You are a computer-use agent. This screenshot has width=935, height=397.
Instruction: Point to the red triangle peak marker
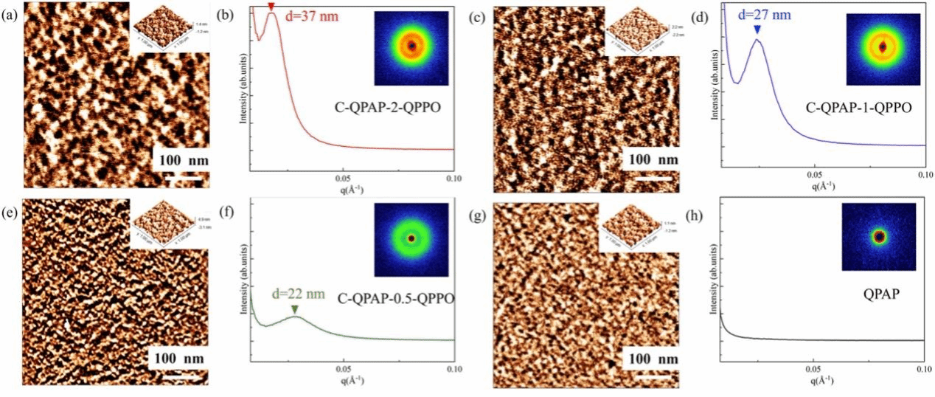(271, 7)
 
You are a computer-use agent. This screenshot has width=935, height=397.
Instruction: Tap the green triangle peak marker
(295, 309)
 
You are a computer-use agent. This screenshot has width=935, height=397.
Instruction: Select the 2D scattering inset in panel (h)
(879, 237)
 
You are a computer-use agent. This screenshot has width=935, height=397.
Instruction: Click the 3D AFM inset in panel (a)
(168, 32)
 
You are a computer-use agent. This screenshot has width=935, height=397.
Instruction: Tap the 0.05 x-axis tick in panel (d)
(813, 175)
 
